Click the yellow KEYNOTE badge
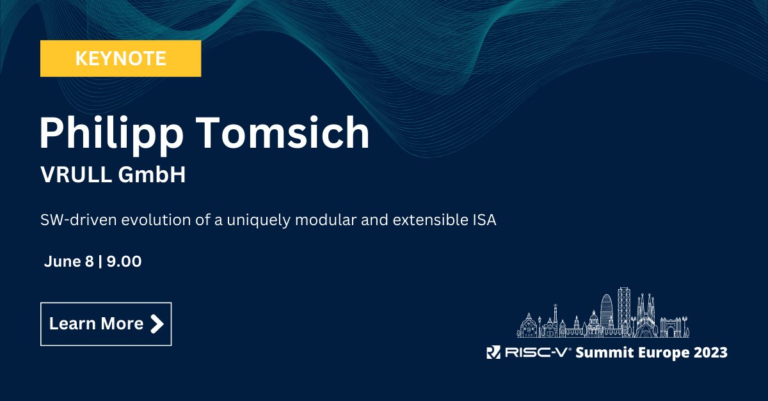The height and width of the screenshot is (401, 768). pyautogui.click(x=120, y=59)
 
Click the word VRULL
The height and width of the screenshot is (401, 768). pyautogui.click(x=75, y=175)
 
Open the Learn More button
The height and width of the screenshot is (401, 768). pyautogui.click(x=106, y=324)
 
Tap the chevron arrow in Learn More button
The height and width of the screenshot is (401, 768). pyautogui.click(x=156, y=324)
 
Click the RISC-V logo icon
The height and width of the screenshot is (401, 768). pyautogui.click(x=493, y=352)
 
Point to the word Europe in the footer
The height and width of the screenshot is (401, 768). pyautogui.click(x=663, y=352)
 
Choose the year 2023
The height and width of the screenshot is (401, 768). pyautogui.click(x=710, y=352)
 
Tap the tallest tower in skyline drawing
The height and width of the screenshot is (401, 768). pyautogui.click(x=623, y=310)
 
